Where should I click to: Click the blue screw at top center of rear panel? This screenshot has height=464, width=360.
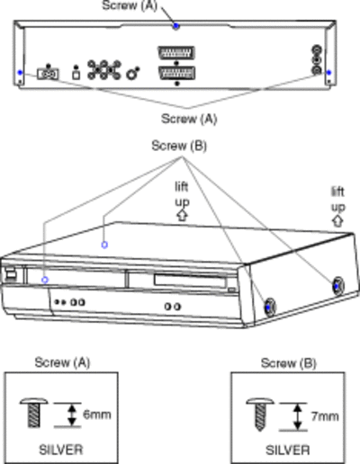(x=176, y=26)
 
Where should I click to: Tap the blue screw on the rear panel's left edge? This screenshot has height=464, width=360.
(x=20, y=72)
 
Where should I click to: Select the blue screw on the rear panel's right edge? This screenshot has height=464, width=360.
(x=329, y=72)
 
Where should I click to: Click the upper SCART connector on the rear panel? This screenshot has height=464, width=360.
(x=176, y=53)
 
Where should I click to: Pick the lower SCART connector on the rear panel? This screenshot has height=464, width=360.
(x=177, y=73)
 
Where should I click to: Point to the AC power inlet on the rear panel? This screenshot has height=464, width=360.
(x=48, y=74)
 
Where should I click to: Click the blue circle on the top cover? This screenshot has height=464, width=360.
(x=104, y=245)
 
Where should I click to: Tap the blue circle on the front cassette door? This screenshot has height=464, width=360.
(x=45, y=280)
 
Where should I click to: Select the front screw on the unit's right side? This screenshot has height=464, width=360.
(x=269, y=308)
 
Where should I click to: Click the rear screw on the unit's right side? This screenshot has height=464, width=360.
(x=337, y=286)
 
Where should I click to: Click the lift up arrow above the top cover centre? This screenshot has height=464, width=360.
(x=182, y=215)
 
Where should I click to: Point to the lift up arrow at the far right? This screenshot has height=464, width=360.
(x=337, y=221)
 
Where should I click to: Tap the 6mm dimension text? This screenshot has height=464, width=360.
(x=97, y=415)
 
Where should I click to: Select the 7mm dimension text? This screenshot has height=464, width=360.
(x=325, y=416)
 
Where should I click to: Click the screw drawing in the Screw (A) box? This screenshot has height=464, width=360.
(x=33, y=413)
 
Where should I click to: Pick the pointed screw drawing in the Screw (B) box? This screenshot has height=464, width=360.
(x=260, y=415)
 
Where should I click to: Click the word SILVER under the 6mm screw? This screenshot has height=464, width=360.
(x=61, y=450)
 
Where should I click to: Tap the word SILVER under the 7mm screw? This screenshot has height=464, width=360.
(x=288, y=451)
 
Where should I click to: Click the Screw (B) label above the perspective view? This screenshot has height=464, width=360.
(x=179, y=146)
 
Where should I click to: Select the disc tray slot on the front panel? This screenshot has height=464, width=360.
(x=190, y=281)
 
